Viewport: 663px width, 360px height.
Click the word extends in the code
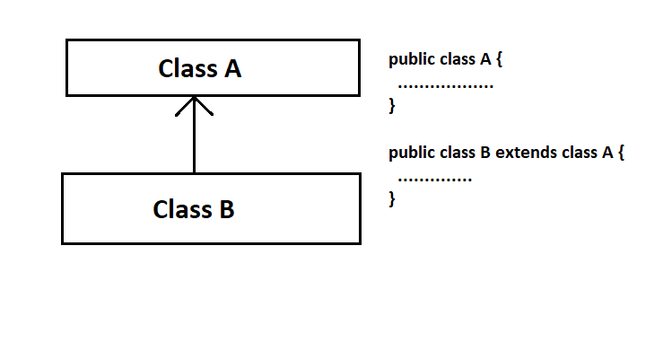coord(526,153)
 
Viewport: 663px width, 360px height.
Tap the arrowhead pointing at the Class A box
coord(194,106)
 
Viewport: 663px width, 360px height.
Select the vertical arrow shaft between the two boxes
coord(194,135)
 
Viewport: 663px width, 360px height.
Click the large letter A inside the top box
coord(233,68)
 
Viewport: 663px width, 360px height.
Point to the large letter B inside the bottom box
coord(227,209)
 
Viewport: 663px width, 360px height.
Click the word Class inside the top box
coord(188,68)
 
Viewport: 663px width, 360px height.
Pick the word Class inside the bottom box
coord(182,209)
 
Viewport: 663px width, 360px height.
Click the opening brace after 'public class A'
coord(500,59)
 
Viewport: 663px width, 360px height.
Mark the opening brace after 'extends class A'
coord(621,153)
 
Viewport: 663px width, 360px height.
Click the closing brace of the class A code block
coord(392,105)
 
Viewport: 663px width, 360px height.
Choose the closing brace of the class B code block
coord(392,198)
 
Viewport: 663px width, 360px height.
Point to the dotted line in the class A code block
coord(446,86)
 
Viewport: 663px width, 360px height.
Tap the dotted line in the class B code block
coord(434,180)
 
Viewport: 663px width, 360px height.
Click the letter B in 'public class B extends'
coord(485,153)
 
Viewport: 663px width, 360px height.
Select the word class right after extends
coord(580,153)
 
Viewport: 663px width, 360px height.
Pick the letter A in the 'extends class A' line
coord(607,153)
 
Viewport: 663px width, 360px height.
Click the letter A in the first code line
coord(486,59)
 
